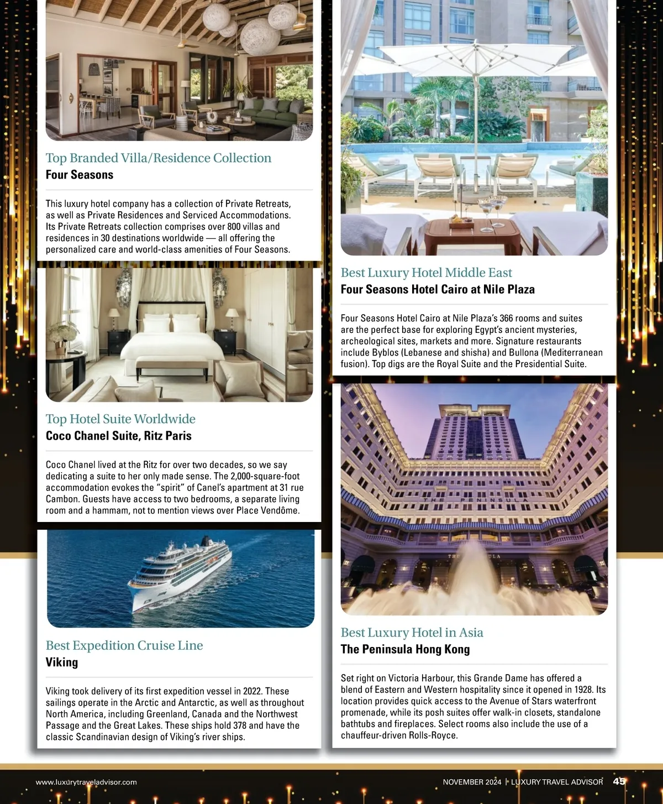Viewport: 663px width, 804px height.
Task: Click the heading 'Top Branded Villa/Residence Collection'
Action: (x=159, y=158)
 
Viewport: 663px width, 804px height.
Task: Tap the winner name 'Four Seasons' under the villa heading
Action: (x=80, y=175)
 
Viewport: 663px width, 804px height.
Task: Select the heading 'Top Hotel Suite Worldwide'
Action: (x=120, y=419)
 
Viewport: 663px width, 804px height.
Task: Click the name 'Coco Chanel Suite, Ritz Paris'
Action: (x=119, y=436)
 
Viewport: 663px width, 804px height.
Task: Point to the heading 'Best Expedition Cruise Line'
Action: (x=124, y=645)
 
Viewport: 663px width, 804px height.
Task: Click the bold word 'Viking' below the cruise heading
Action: (x=62, y=662)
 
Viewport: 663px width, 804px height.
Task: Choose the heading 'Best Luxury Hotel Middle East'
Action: (x=426, y=273)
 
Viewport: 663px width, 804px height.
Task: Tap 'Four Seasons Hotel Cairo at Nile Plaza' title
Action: (x=438, y=289)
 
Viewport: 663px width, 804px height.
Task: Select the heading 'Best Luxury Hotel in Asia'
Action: (x=412, y=633)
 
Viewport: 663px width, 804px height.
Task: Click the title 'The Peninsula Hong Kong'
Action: (x=405, y=649)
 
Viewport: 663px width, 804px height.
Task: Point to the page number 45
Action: (x=619, y=781)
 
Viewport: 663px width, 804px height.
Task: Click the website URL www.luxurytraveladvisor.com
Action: (x=86, y=782)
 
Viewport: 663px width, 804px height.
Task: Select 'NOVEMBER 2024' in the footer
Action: (x=472, y=782)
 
